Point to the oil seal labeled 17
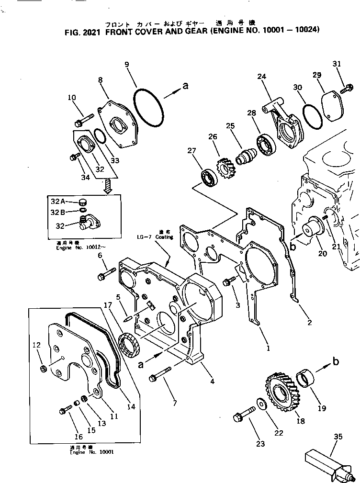(x=130, y=345)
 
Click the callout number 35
(x=338, y=436)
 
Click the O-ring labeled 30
(x=313, y=116)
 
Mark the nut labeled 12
(x=43, y=369)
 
